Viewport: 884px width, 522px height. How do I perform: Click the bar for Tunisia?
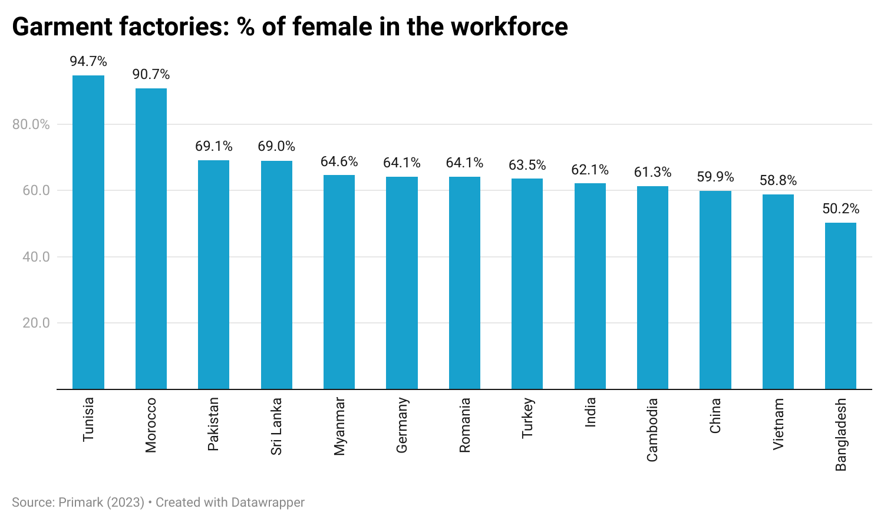(88, 232)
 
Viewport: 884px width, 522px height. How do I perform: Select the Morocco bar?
(151, 239)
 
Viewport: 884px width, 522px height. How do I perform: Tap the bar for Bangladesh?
(840, 306)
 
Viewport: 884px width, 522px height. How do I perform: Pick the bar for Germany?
(402, 283)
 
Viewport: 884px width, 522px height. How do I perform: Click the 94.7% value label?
(88, 61)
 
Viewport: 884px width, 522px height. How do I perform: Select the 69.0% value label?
(276, 146)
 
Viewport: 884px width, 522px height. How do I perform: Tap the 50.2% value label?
(841, 209)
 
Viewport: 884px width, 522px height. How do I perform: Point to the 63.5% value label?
(527, 165)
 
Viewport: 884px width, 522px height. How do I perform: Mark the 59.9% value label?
(715, 177)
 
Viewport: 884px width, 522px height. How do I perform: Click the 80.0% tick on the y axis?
(31, 124)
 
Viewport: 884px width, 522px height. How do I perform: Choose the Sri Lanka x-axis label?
(276, 426)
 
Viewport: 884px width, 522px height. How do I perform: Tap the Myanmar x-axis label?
(339, 426)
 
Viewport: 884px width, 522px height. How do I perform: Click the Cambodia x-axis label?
(652, 430)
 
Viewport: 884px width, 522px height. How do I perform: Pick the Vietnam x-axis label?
(778, 424)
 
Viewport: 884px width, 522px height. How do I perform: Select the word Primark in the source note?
(81, 503)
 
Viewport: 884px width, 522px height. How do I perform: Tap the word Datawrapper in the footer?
(268, 503)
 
